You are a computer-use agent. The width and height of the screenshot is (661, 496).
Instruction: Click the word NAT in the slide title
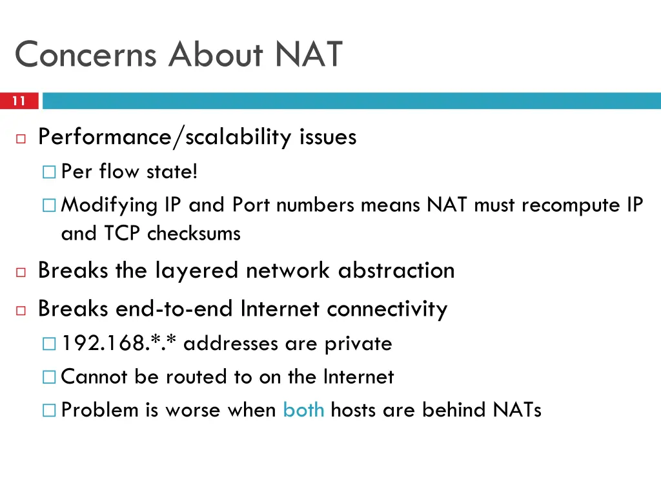(309, 54)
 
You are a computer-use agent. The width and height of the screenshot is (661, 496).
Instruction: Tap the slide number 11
(19, 101)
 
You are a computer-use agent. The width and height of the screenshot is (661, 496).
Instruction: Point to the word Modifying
(109, 205)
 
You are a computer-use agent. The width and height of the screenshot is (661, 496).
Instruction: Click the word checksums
(194, 233)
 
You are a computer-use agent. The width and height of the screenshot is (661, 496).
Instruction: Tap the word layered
(196, 270)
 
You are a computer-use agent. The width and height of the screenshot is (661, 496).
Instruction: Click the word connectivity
(387, 309)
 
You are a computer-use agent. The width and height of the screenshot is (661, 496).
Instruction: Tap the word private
(358, 344)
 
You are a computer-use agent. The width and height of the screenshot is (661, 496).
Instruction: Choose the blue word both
(303, 409)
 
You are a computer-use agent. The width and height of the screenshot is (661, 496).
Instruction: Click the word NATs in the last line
(516, 409)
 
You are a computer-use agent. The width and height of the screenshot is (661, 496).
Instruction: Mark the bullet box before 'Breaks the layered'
(21, 272)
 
